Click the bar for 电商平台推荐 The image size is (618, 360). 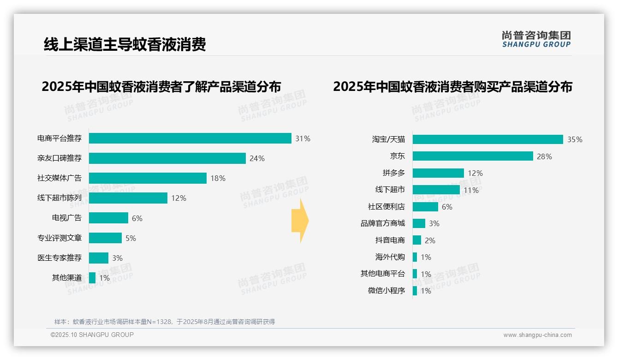point(190,138)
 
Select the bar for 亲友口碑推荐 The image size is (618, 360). point(167,158)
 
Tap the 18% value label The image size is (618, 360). point(218,178)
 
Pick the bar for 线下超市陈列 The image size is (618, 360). point(128,198)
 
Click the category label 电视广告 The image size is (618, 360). point(66,218)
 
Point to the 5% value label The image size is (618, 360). point(131,238)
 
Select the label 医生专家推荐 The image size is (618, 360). point(59,258)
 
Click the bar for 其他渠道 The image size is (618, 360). point(92,278)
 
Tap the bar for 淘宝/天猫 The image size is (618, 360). point(487,139)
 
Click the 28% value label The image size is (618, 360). point(544,156)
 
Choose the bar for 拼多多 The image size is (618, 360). point(438,173)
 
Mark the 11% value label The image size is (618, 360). point(471,190)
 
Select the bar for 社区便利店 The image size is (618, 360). point(425,207)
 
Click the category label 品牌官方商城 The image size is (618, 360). point(383,223)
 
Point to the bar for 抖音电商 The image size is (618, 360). point(417,240)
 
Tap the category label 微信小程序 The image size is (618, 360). point(386,291)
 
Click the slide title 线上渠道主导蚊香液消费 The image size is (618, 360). point(125,44)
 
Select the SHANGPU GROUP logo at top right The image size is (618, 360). point(536,39)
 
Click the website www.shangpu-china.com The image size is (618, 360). point(537,335)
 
